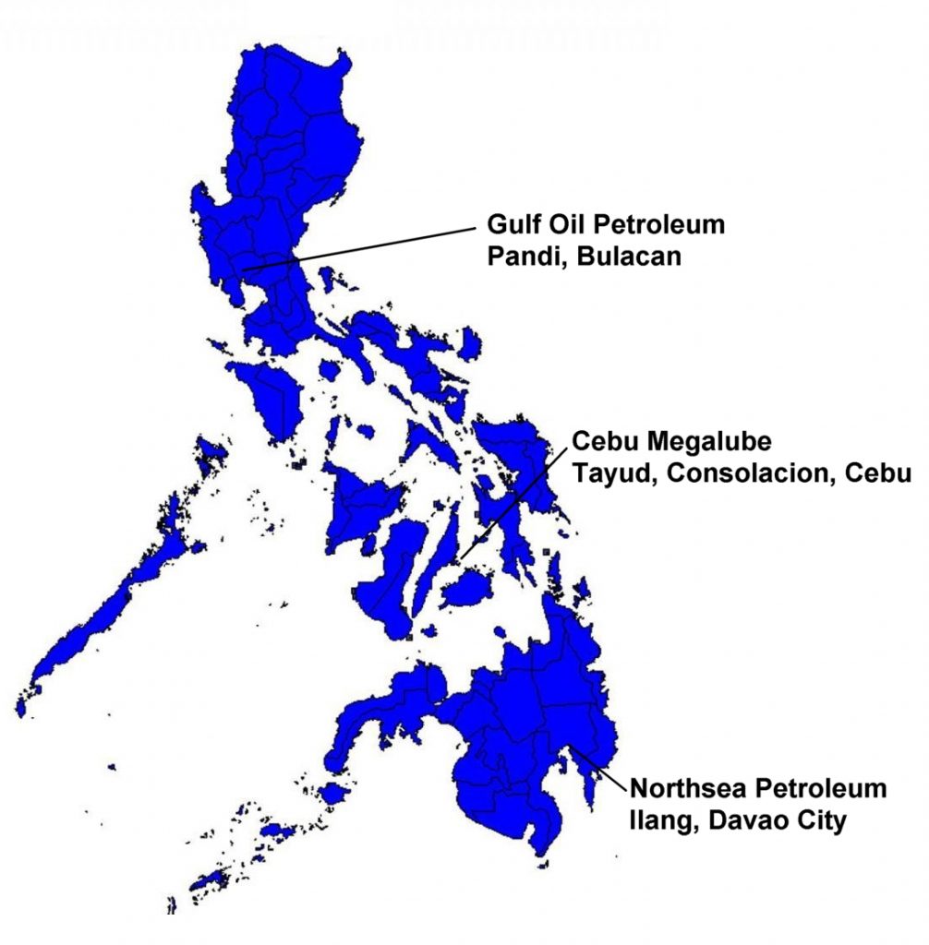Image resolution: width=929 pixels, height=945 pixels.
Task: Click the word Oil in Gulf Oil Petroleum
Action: [571, 226]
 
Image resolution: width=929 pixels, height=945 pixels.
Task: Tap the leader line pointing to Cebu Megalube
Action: [513, 502]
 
